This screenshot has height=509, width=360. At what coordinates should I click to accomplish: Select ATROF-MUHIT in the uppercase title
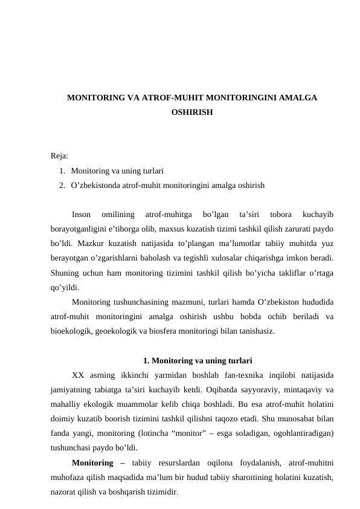coord(173,97)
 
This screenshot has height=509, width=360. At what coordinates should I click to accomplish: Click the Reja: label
coord(59,157)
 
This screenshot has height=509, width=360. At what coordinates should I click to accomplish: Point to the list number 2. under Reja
coord(63,184)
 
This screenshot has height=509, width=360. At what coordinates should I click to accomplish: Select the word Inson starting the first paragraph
coord(82,214)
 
